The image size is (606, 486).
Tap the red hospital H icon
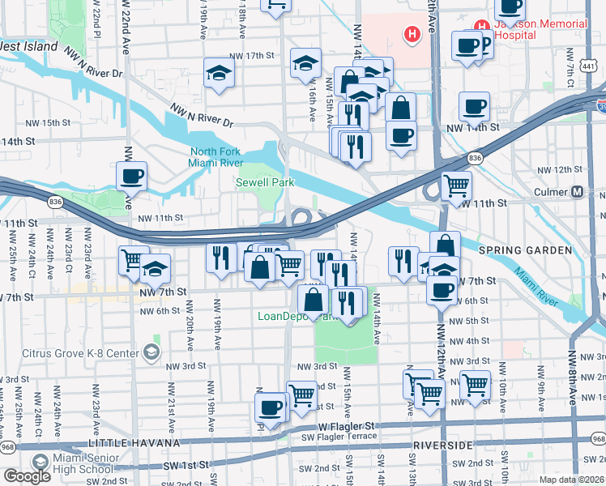coord(413,34)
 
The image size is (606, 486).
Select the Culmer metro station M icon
coord(578,193)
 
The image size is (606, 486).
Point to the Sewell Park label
coord(264,183)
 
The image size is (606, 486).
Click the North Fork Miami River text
coord(216,158)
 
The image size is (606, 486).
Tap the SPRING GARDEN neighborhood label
coord(525,250)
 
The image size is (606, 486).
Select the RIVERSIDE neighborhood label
coord(443,446)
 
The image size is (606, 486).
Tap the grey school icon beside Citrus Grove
coord(151,352)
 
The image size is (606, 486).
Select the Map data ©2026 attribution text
coord(571,480)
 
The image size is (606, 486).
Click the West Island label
coord(28,46)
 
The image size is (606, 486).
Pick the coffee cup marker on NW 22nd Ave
coord(131,176)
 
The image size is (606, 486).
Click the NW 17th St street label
coord(252,56)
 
